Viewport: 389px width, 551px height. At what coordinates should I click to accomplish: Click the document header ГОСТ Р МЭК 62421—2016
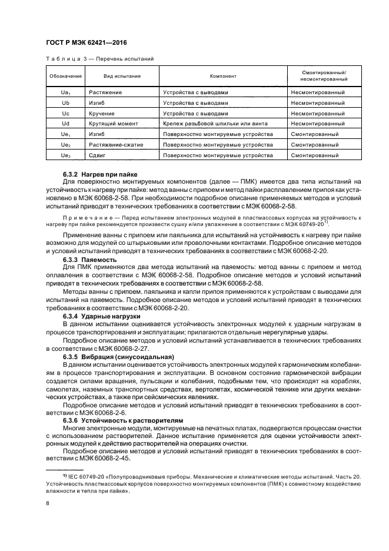[86, 43]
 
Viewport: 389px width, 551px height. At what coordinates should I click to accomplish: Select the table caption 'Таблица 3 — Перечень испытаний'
[99, 59]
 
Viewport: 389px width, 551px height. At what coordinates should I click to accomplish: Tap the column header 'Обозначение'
[65, 76]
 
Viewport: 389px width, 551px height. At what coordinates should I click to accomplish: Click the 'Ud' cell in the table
[65, 124]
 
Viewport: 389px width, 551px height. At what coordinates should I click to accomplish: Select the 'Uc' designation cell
[65, 113]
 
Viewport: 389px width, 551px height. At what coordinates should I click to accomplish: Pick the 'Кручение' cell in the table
[102, 113]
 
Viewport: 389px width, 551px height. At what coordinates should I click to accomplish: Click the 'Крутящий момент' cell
[113, 124]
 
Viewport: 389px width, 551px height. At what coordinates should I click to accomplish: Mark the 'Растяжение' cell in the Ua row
[105, 92]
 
